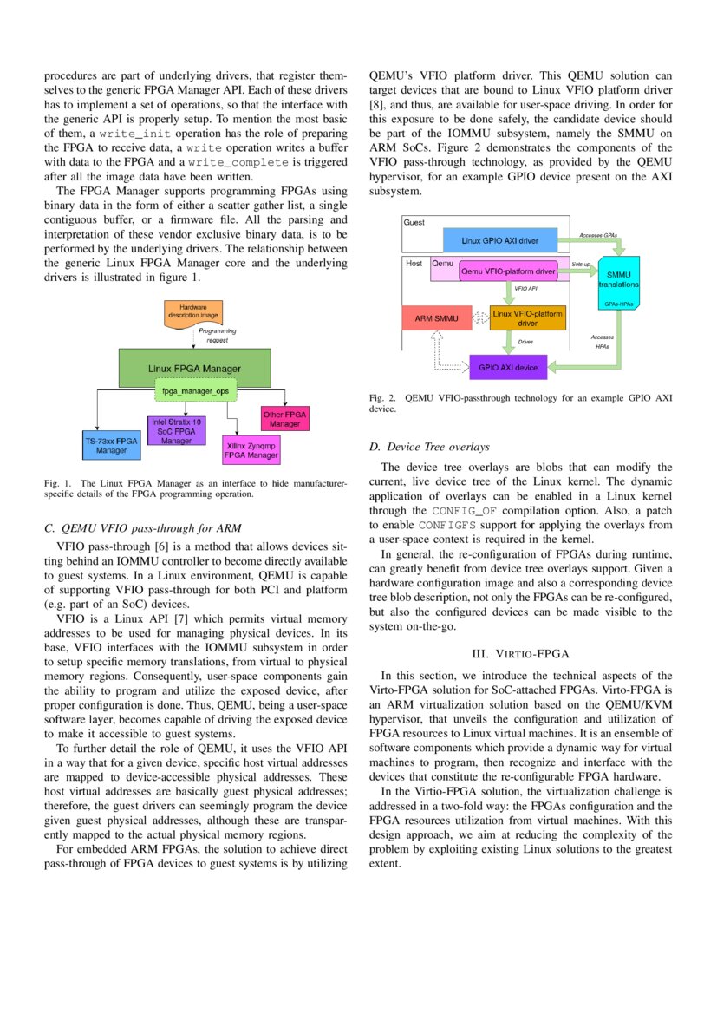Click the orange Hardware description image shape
[193, 312]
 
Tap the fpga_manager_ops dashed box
[194, 391]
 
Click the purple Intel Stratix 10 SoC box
[176, 431]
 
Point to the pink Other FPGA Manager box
[284, 419]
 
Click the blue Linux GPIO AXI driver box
[499, 239]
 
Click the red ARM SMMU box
[435, 319]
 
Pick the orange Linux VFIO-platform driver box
[527, 317]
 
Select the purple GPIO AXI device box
[508, 368]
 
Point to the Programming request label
[217, 336]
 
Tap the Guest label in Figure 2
[414, 222]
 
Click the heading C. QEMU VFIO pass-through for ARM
[142, 527]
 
